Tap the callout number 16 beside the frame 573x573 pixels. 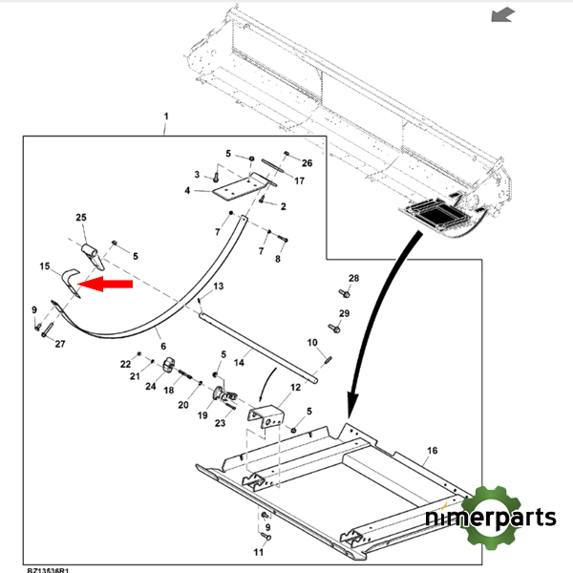(433, 450)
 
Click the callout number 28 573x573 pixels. (353, 279)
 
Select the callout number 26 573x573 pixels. (307, 162)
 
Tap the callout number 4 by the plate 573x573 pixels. (188, 191)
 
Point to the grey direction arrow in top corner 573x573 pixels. (500, 14)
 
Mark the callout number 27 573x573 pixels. (58, 344)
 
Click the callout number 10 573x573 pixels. (311, 343)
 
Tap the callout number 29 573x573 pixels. (344, 313)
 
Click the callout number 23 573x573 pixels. (219, 423)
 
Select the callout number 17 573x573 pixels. (299, 180)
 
